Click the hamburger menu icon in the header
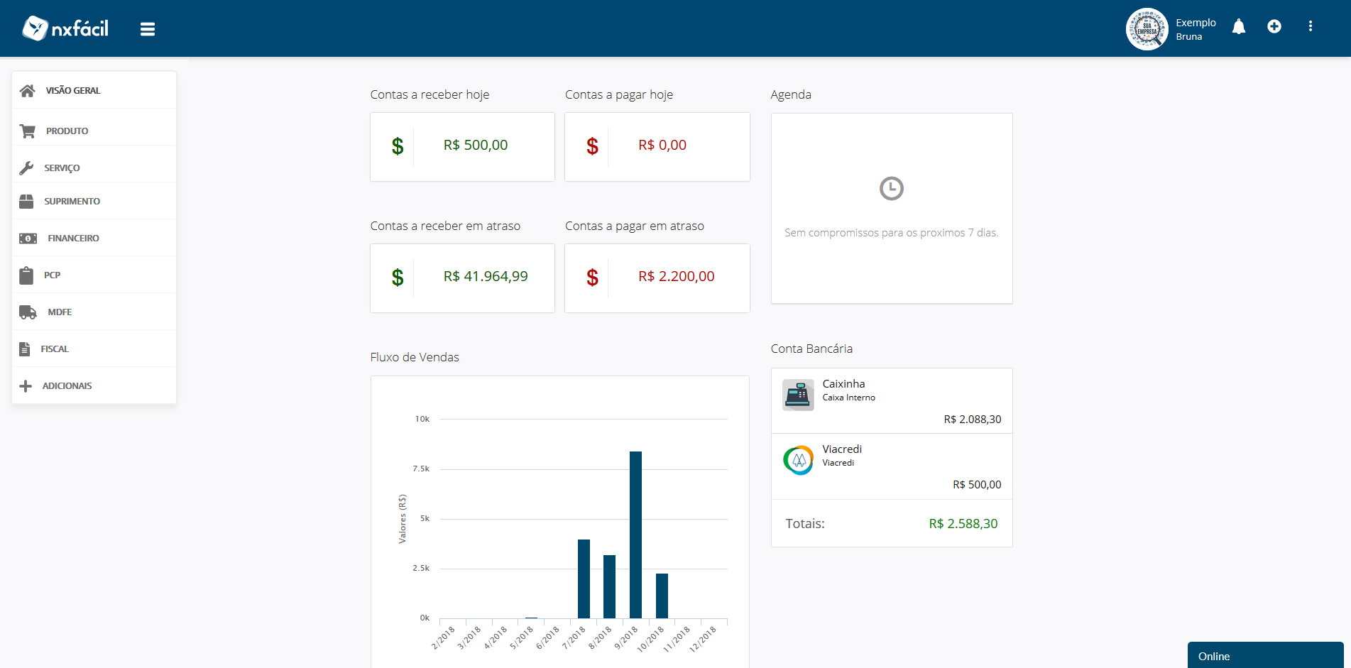click(x=148, y=29)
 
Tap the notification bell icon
click(x=1239, y=27)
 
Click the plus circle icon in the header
click(x=1274, y=26)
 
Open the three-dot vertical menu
click(x=1311, y=26)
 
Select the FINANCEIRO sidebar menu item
click(x=73, y=239)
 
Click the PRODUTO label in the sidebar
click(x=67, y=131)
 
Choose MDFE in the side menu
click(x=60, y=312)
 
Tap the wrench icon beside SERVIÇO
click(x=26, y=168)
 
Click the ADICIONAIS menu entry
click(x=67, y=386)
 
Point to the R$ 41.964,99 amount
click(x=486, y=277)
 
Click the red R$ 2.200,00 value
click(x=676, y=277)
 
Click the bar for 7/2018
click(x=584, y=579)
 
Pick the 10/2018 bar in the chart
click(x=662, y=596)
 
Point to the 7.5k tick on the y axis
click(x=421, y=469)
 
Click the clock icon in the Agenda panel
click(x=892, y=189)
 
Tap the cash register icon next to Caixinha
click(x=798, y=395)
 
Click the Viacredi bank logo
click(x=798, y=460)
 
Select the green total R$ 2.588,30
click(x=963, y=524)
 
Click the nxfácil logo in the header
click(x=65, y=28)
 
